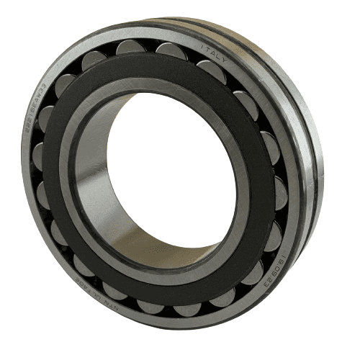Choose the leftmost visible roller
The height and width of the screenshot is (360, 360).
(40, 155)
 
